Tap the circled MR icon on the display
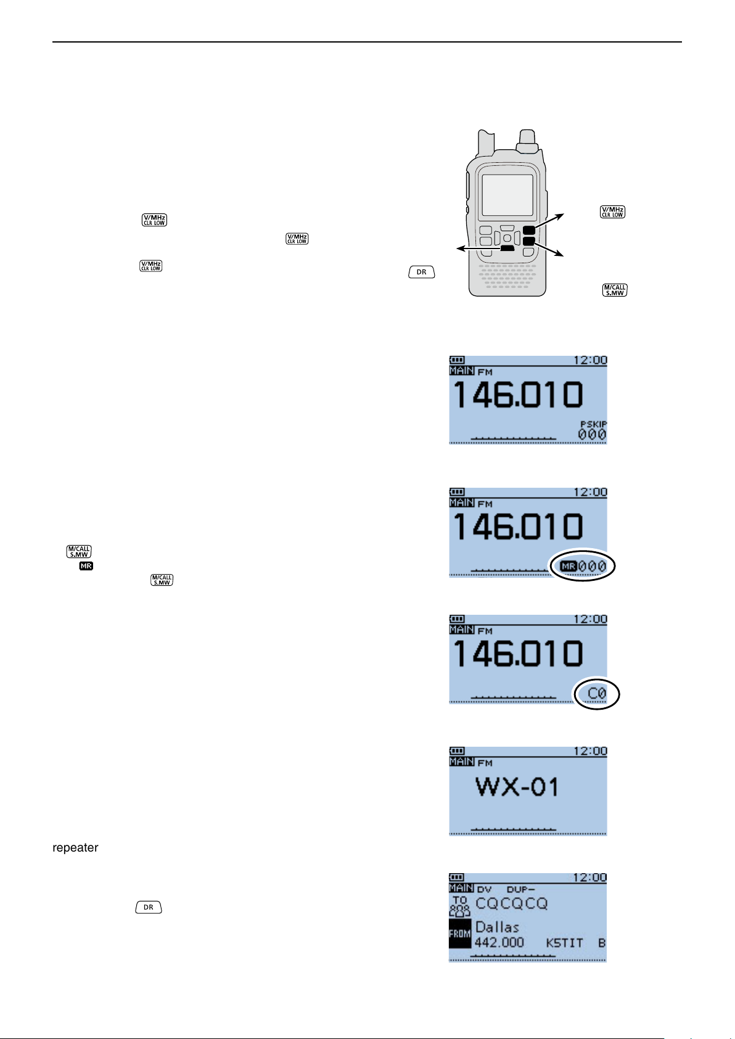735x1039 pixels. tap(568, 566)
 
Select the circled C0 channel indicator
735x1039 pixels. tap(596, 694)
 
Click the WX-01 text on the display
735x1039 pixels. tap(517, 787)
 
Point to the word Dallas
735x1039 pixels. tap(497, 927)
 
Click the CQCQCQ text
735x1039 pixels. tap(511, 903)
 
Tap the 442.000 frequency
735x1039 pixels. tap(499, 943)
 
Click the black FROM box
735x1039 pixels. tap(459, 934)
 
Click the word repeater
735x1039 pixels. tap(75, 848)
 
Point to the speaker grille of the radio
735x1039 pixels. tap(507, 277)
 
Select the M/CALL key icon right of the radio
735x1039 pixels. tap(615, 290)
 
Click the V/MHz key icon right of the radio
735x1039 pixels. tap(613, 212)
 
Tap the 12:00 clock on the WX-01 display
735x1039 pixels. tap(590, 752)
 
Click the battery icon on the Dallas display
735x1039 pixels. tap(457, 877)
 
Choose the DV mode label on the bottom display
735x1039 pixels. tap(485, 889)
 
